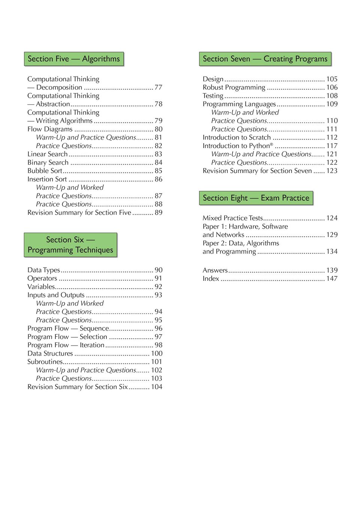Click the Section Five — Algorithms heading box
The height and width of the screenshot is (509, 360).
(74, 59)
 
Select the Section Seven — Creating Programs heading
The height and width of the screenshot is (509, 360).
(265, 59)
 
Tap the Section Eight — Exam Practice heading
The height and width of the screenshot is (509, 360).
(256, 198)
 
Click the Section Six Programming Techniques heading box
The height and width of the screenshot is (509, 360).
(70, 245)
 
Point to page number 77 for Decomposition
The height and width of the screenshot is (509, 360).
(158, 88)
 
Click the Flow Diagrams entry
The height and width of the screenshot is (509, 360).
(50, 129)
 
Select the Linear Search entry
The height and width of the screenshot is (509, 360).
(48, 154)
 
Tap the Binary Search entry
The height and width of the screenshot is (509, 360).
(48, 162)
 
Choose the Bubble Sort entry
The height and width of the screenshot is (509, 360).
(45, 171)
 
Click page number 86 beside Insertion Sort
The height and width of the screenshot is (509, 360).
(158, 179)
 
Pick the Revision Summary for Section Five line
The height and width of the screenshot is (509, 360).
(79, 213)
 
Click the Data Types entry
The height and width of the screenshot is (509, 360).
(43, 270)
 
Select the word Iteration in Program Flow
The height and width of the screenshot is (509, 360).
(92, 345)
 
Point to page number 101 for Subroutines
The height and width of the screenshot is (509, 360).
(157, 362)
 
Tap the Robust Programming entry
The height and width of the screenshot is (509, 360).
(234, 88)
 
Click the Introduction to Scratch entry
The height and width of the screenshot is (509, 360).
(236, 138)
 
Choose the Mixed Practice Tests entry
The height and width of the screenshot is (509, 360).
(233, 218)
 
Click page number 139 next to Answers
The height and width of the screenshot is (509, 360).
(332, 270)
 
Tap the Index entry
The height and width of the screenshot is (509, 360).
(211, 279)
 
